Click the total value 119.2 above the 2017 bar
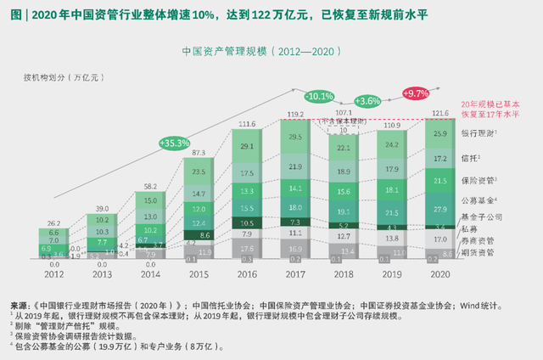click(x=295, y=113)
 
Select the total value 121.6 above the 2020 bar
click(x=441, y=113)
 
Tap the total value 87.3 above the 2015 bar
click(x=199, y=153)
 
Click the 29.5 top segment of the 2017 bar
click(x=295, y=137)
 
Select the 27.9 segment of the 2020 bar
click(x=441, y=209)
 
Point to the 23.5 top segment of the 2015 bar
click(x=199, y=172)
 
